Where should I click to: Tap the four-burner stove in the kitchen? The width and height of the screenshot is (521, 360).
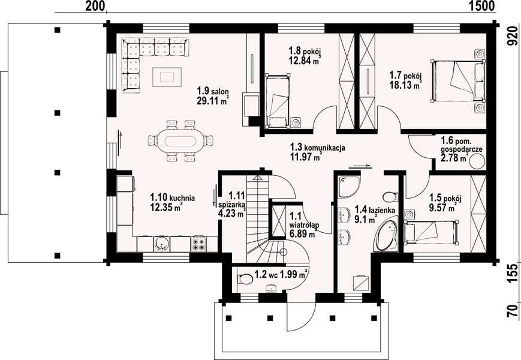[198, 244]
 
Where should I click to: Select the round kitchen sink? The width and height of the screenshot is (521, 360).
[162, 244]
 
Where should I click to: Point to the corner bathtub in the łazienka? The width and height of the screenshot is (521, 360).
[387, 233]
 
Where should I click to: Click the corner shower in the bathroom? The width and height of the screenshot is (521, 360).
[349, 187]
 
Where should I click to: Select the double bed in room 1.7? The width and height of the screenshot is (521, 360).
[457, 80]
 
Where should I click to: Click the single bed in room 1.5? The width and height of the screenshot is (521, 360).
[431, 233]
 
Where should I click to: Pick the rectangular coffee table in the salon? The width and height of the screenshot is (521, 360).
[167, 77]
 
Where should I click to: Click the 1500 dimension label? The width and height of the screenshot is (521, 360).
[482, 5]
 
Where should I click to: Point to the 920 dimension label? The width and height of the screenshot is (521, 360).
[513, 35]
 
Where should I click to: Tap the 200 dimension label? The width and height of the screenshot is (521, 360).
[95, 5]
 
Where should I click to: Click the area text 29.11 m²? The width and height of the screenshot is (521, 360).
[213, 100]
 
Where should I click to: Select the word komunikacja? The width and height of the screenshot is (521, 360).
[324, 147]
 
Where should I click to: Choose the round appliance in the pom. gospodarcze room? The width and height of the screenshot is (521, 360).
[477, 162]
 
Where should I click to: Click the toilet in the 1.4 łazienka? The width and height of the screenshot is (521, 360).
[390, 197]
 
